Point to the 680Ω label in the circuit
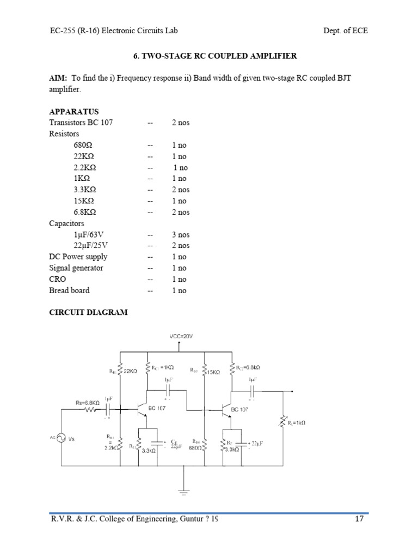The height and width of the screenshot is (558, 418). pos(195,448)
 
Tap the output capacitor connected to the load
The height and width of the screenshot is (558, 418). pos(252,392)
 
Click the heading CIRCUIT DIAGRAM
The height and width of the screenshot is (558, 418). pos(88,312)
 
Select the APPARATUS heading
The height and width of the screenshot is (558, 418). pos(74,111)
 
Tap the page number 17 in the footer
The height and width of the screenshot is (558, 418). pos(359,520)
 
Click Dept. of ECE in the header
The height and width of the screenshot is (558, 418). pos(345,31)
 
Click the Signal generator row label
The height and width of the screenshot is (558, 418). pos(76,268)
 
